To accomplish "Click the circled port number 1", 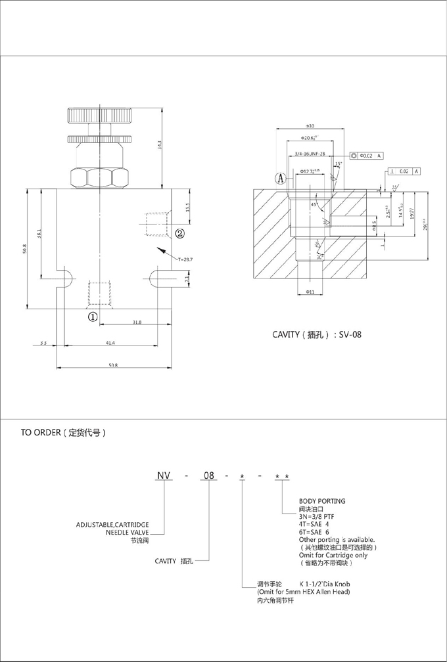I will point(93,316).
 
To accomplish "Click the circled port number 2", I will point(179,232).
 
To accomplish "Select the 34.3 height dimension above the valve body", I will point(160,146).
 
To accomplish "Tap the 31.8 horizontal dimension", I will point(137,322).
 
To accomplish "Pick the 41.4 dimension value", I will point(110,343).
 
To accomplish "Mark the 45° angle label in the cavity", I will point(315,204).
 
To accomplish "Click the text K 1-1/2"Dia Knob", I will point(329,583).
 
